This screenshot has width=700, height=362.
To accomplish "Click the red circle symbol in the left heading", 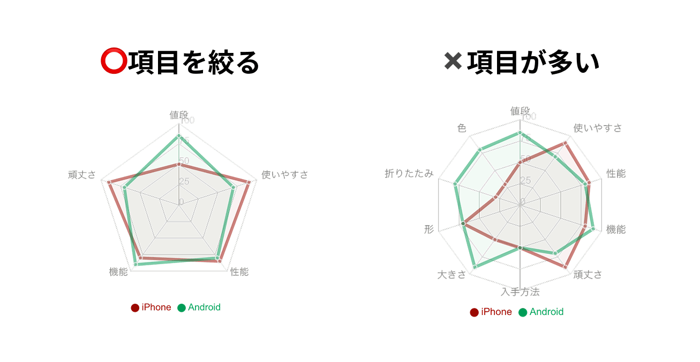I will click(113, 62).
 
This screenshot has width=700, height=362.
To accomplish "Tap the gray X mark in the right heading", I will click(453, 61).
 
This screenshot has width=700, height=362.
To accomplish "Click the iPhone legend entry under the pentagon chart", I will click(151, 307).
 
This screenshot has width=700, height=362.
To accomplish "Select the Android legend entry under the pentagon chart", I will click(199, 307).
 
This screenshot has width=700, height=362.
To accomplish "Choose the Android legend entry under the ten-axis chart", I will click(541, 312).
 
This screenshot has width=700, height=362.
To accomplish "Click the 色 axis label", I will click(462, 128).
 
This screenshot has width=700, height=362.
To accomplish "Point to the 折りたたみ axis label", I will click(409, 174).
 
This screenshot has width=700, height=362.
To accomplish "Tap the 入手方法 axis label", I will click(520, 292).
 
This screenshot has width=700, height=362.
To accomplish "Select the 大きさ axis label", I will click(452, 275).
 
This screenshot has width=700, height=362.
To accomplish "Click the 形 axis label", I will click(428, 230).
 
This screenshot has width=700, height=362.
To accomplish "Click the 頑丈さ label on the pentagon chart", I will click(82, 175).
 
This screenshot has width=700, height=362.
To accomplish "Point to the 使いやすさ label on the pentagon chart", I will click(284, 175).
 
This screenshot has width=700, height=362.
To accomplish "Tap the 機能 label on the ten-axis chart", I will click(616, 229).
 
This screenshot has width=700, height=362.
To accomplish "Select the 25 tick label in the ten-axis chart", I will click(525, 180).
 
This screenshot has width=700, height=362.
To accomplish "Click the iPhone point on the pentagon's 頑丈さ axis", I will click(109, 182).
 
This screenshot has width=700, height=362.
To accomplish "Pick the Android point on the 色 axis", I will click(480, 149).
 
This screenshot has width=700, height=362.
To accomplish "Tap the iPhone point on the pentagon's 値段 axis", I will click(179, 165).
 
